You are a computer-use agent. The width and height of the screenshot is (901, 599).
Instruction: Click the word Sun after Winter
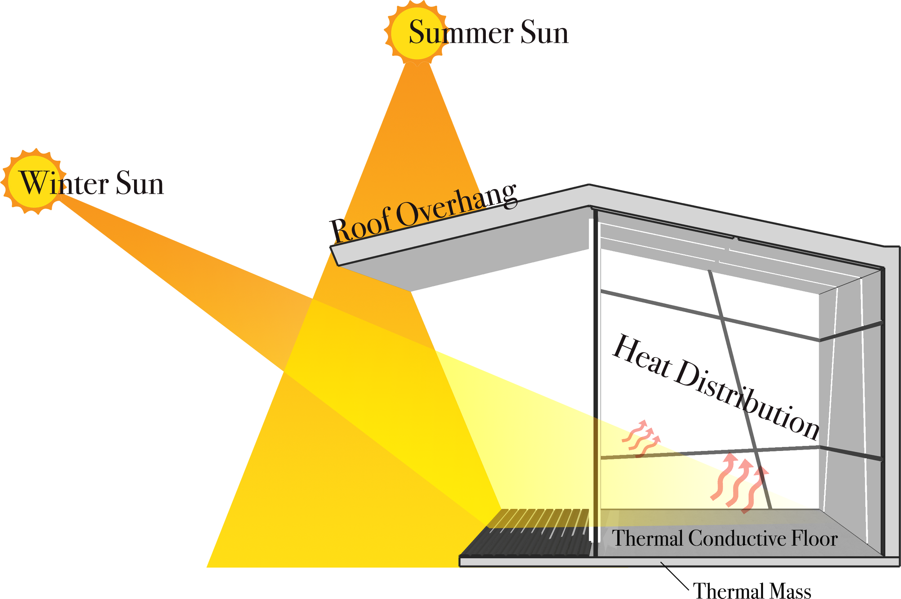[x=140, y=183]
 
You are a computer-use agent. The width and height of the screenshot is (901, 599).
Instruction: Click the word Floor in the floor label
[x=814, y=539]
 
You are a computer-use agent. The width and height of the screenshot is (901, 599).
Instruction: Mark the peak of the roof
[x=589, y=185]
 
